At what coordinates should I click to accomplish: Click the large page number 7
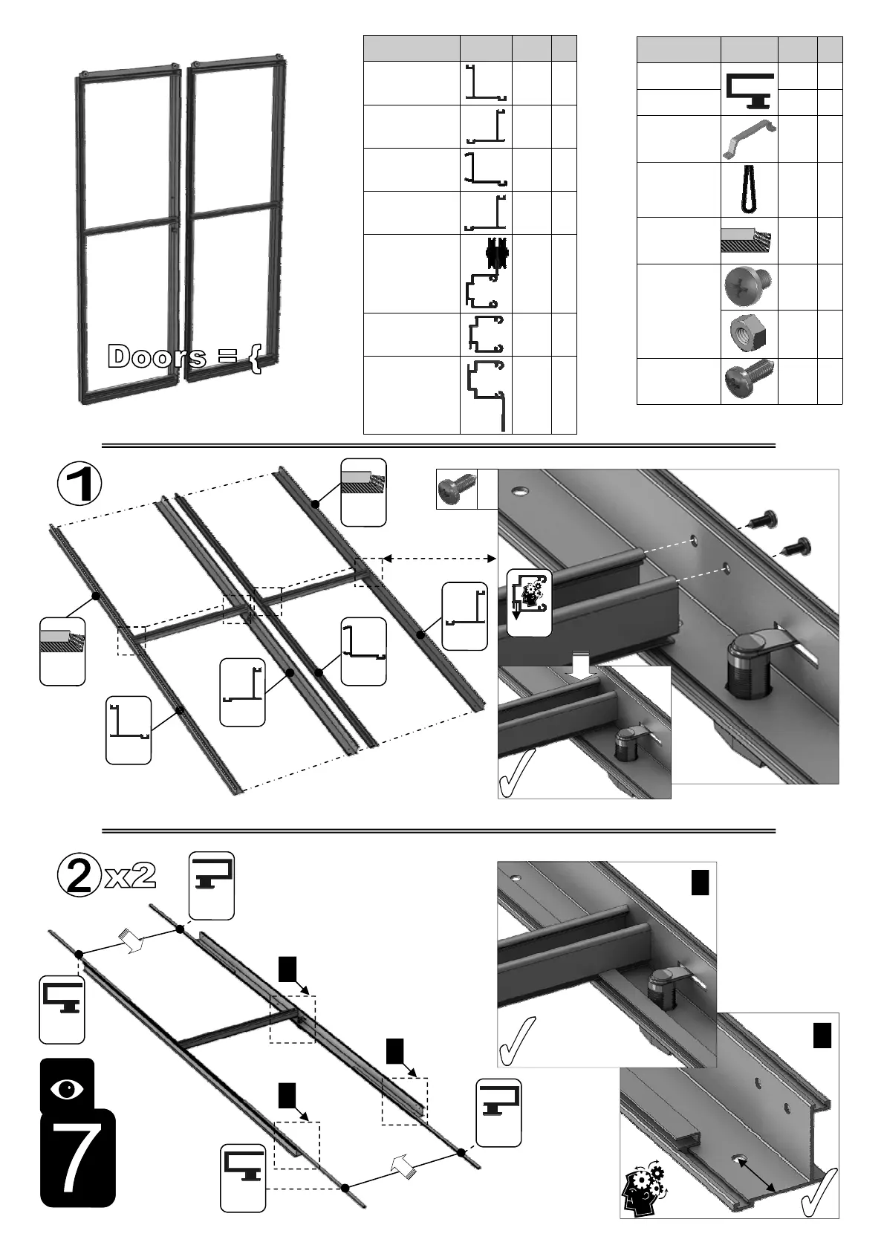point(77,1157)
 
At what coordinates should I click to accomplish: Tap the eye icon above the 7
point(67,1089)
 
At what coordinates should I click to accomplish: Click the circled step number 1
point(80,485)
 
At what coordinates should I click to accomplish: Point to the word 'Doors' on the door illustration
point(157,357)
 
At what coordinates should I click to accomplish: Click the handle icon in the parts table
point(749,139)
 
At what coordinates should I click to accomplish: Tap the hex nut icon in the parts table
point(747,333)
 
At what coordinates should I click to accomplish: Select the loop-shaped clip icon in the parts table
point(748,190)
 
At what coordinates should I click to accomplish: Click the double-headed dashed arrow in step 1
point(439,558)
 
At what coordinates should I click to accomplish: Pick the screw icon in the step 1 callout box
point(455,490)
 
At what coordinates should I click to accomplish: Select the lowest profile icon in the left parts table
point(486,394)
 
